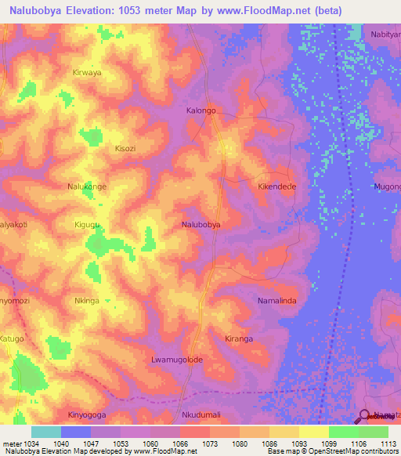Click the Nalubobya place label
pyautogui.click(x=200, y=224)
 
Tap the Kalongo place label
pyautogui.click(x=200, y=110)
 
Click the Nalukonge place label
pyautogui.click(x=87, y=186)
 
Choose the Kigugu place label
pyautogui.click(x=87, y=225)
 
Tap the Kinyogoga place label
pyautogui.click(x=87, y=414)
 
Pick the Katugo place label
pyautogui.click(x=13, y=338)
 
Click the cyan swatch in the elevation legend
pyautogui.click(x=46, y=432)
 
